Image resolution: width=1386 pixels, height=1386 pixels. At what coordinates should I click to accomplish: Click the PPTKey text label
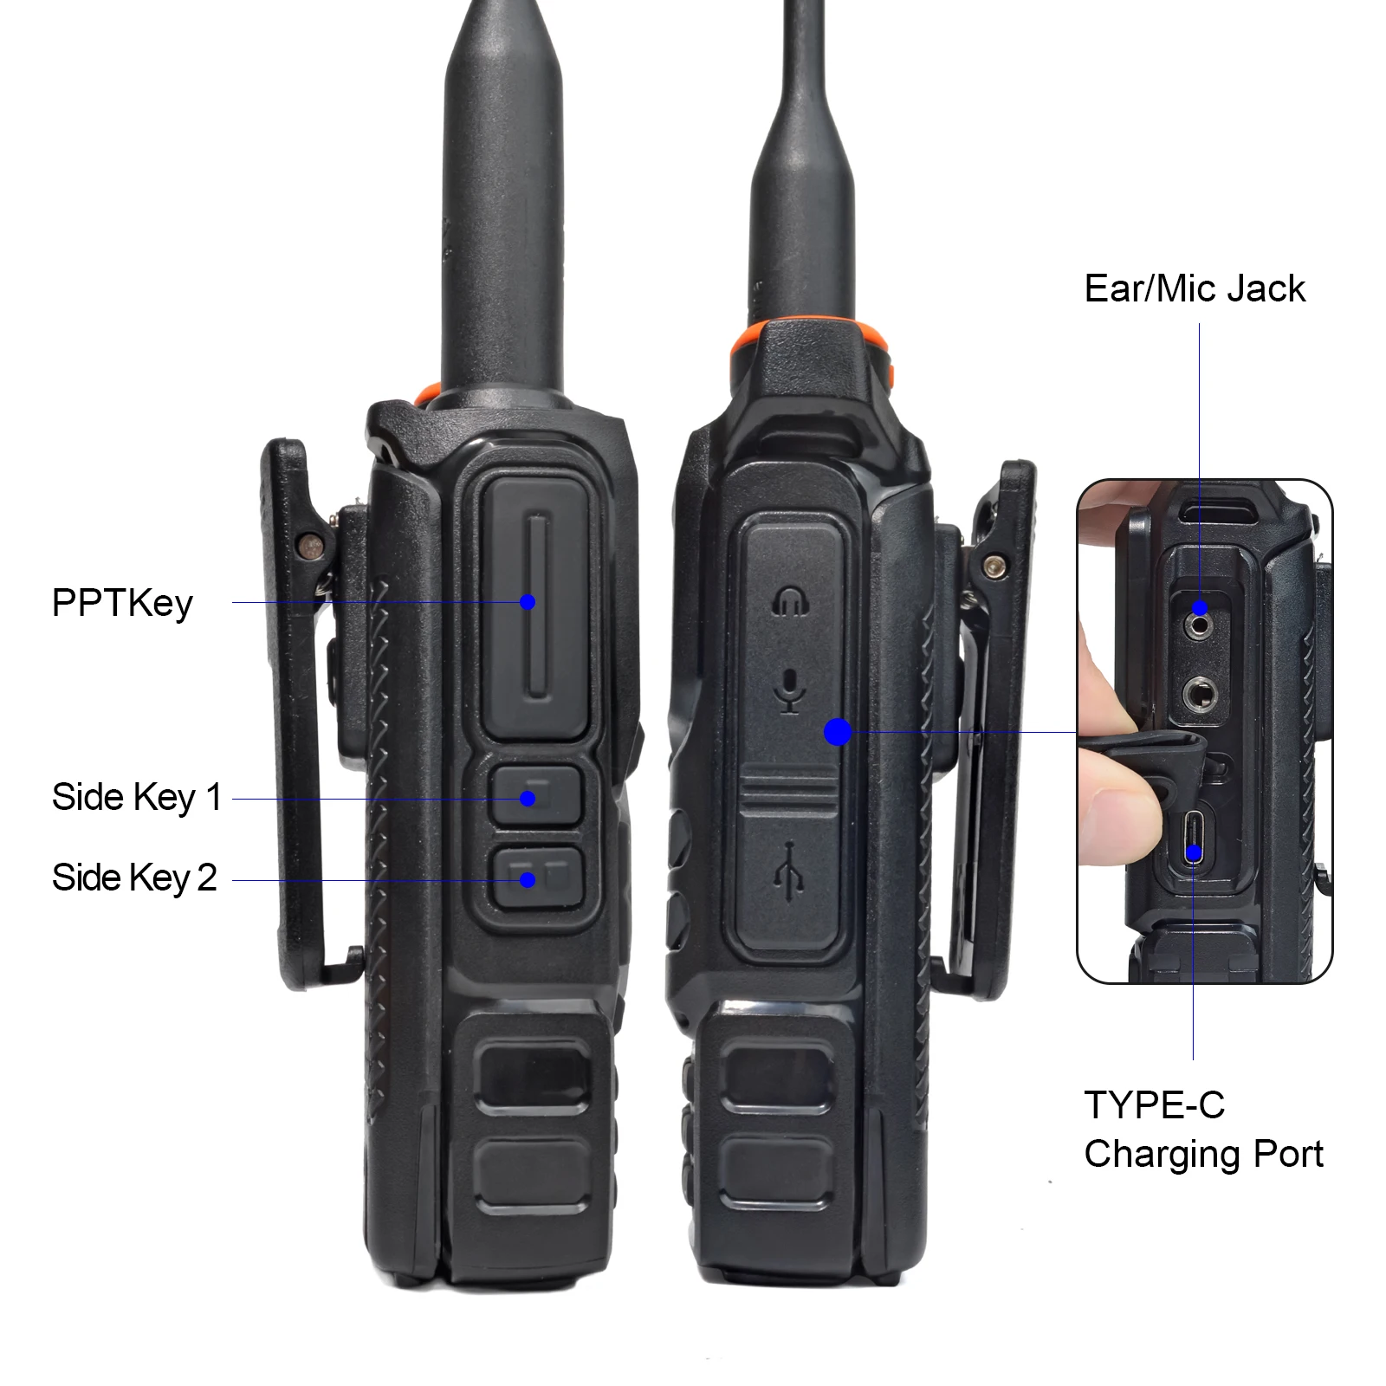[x=122, y=604]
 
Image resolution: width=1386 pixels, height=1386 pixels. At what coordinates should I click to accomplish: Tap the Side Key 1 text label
[x=137, y=798]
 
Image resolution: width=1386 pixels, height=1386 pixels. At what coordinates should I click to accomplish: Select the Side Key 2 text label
[x=134, y=878]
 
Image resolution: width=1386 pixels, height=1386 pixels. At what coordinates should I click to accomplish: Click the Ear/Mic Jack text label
[x=1195, y=289]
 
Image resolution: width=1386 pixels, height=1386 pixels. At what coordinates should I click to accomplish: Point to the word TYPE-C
[x=1154, y=1105]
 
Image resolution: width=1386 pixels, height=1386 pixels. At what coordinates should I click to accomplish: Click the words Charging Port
[x=1203, y=1155]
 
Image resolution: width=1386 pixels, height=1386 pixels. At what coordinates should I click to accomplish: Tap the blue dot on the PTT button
[x=528, y=602]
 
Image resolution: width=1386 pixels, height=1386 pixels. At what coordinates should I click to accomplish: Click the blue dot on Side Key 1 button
[x=528, y=799]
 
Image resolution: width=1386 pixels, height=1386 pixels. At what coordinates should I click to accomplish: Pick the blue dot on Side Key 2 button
[x=528, y=880]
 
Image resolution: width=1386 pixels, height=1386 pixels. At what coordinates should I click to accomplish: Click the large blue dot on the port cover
[x=838, y=732]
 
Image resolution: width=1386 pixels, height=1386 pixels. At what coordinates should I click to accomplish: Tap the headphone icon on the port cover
[x=790, y=601]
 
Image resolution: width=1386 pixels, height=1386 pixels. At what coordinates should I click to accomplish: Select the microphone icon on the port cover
[x=789, y=690]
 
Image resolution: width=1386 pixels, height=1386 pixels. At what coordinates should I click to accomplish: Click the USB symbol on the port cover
[x=788, y=871]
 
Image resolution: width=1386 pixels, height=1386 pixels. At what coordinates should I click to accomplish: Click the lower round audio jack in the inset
[x=1200, y=694]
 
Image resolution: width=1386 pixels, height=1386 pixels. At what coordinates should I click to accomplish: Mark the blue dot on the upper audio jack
[x=1200, y=607]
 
